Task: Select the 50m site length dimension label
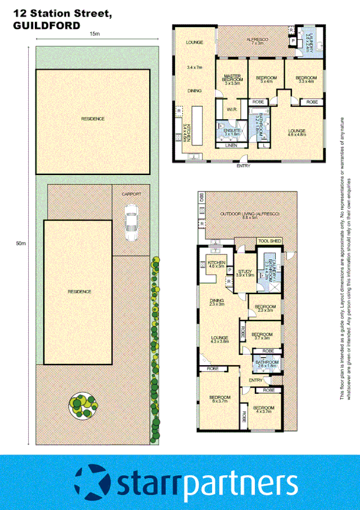click(x=21, y=243)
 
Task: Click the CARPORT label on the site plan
click(x=130, y=194)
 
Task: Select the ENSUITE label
click(x=233, y=131)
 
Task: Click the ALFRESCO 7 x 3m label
click(x=257, y=41)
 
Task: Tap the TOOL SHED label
click(x=269, y=241)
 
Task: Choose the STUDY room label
click(x=245, y=272)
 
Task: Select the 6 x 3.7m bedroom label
click(x=220, y=399)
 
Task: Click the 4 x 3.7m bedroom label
click(x=264, y=410)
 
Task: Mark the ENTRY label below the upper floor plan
click(x=243, y=166)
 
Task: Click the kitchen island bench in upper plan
click(x=196, y=123)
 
